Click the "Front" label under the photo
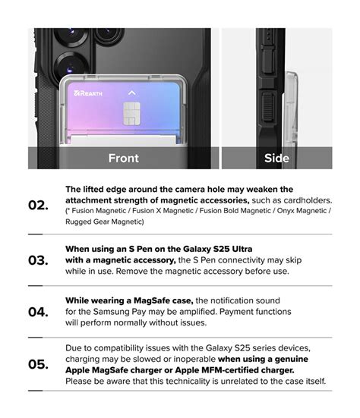pos(123,158)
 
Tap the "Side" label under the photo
pos(276,158)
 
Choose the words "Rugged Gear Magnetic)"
pos(105,222)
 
